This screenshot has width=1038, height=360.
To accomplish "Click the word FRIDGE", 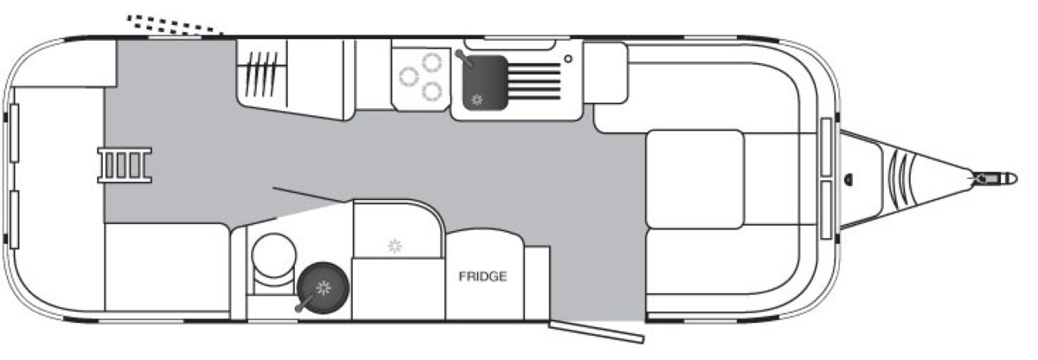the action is coord(483,277).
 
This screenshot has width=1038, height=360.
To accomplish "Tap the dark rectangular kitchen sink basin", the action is coord(484,83).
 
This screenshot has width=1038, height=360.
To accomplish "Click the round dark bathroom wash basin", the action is coord(323,287).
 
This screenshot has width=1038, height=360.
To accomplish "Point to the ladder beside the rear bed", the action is coord(125,164).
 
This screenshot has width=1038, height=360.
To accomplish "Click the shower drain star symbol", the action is coord(394,246).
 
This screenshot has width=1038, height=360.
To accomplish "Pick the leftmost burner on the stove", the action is coord(408,77).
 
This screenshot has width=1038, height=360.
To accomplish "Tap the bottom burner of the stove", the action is coord(432,91).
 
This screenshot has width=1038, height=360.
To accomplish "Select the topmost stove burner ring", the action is coord(432,62).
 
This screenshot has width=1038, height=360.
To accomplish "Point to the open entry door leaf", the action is coord(596,331).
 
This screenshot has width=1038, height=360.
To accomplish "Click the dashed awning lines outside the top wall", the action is coord(175,24).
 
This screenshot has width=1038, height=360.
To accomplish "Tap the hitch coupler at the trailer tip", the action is coord(994,178).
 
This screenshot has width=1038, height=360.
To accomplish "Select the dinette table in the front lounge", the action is coord(695,179).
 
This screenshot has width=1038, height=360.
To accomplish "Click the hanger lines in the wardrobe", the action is coord(261,74).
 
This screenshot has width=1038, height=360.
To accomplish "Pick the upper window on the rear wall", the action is coord(15,133).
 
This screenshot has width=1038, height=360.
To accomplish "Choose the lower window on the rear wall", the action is coord(15,220).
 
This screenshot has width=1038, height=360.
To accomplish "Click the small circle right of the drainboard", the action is coord(568,59).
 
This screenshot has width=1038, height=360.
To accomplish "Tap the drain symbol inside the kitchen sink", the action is coord(477,100).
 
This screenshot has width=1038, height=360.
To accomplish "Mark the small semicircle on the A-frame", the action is coord(848,179).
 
